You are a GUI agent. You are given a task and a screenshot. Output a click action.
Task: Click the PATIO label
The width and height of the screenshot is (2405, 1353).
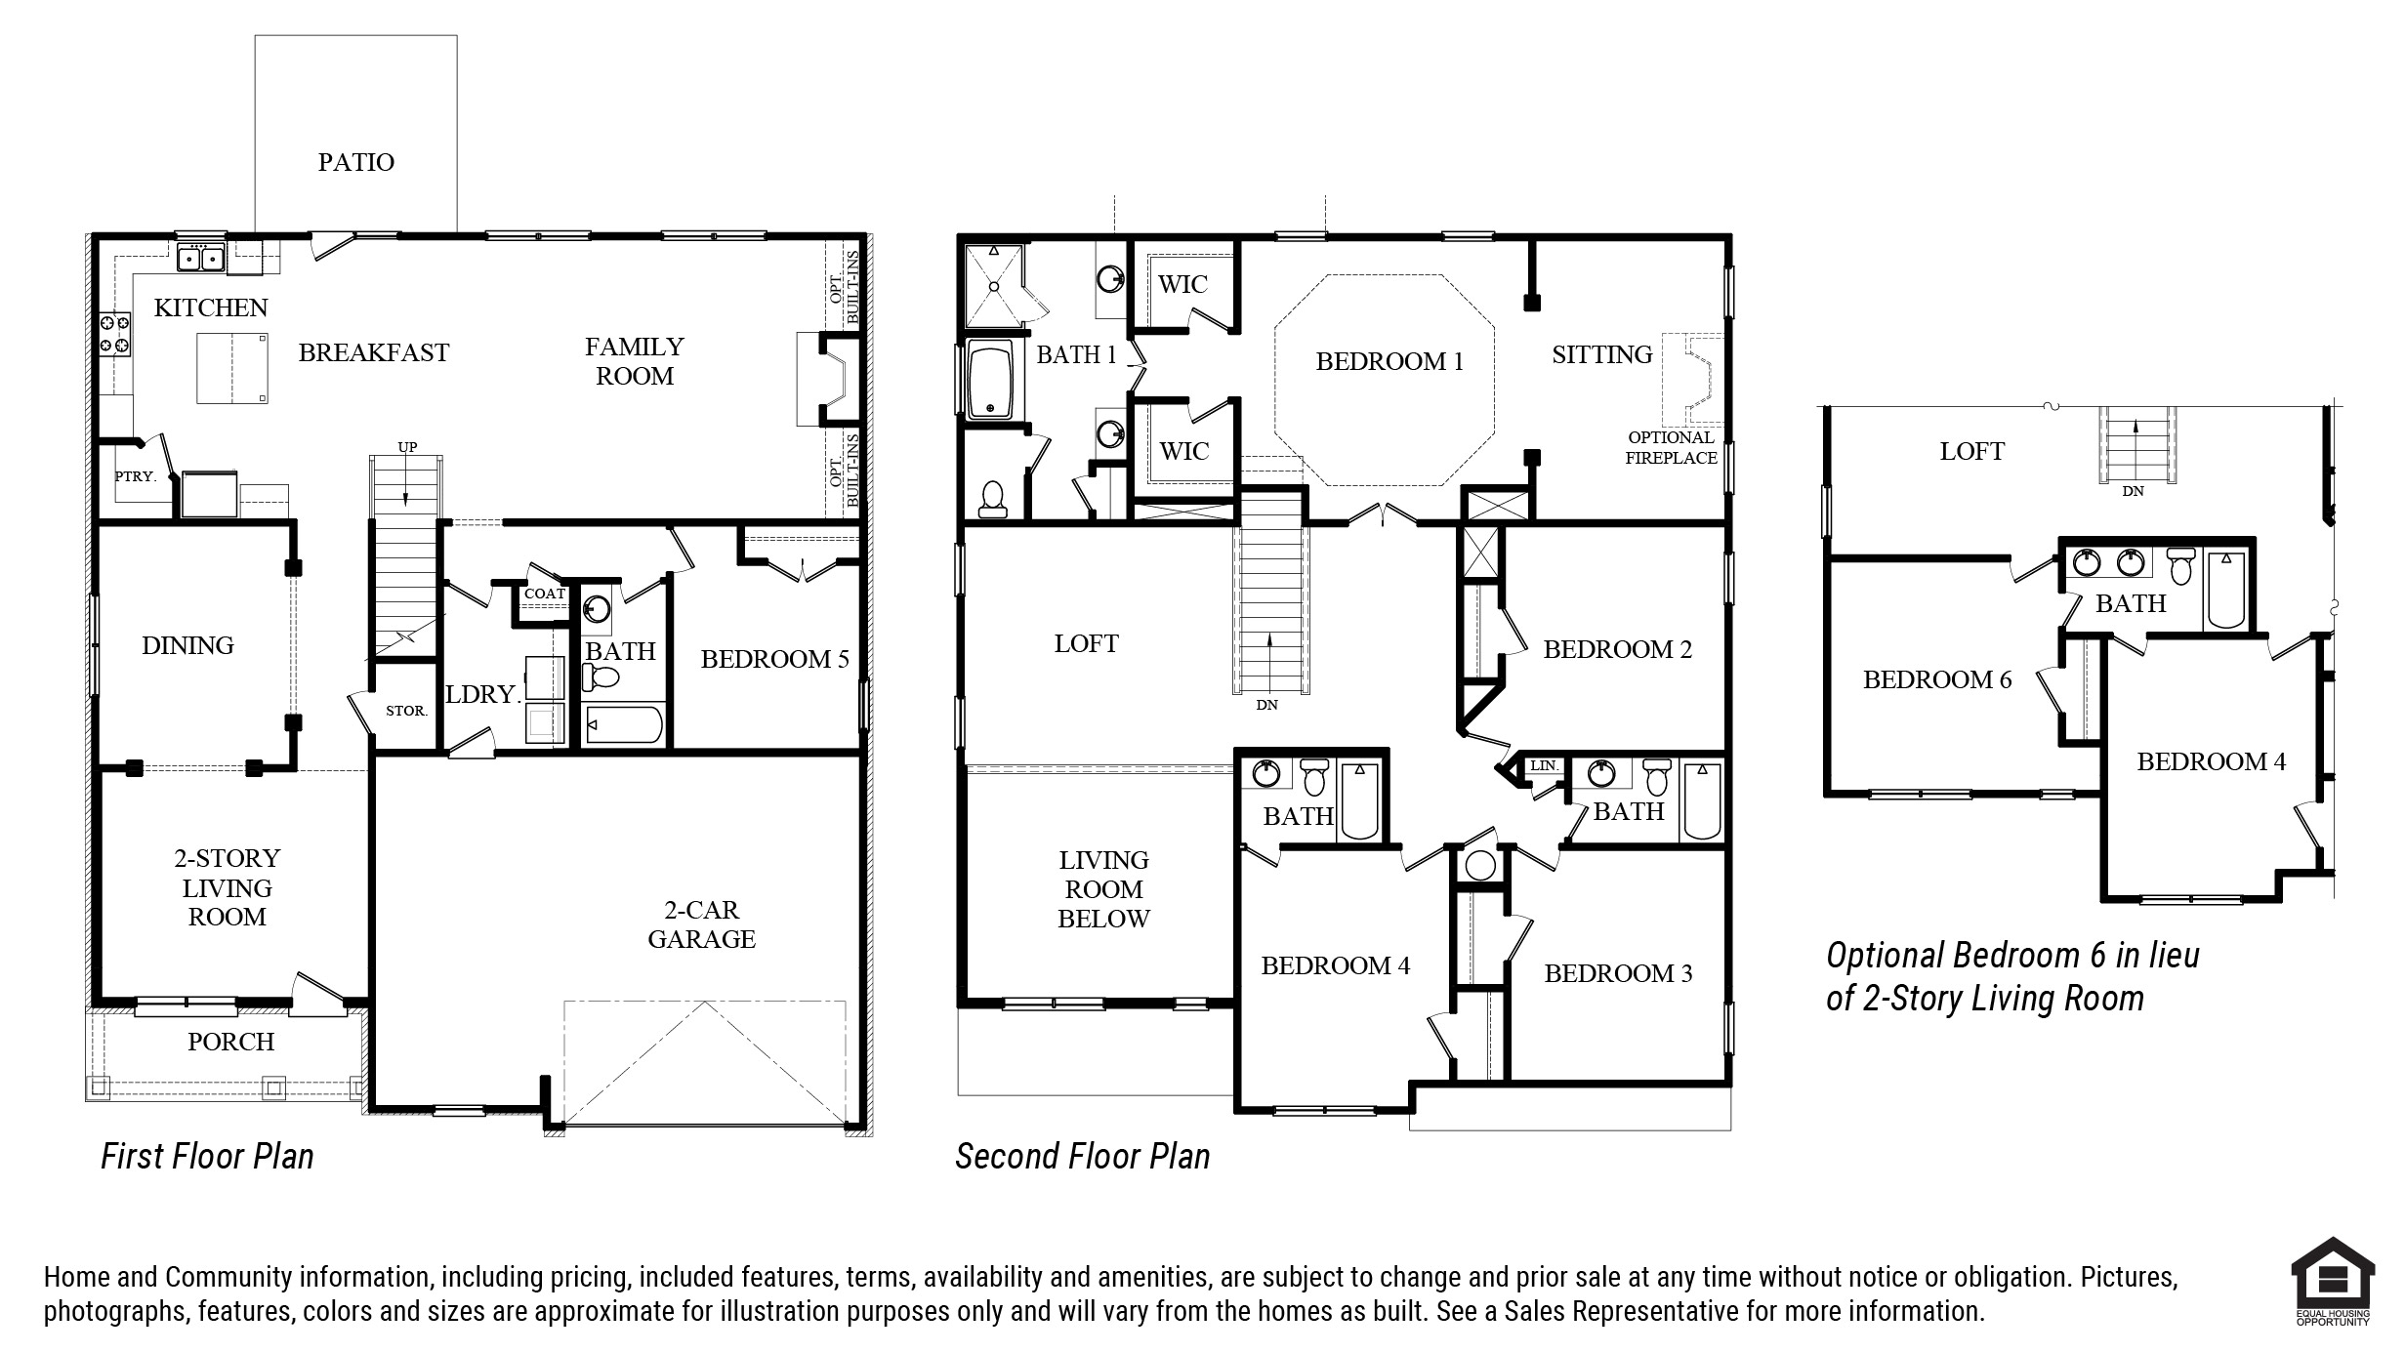356,162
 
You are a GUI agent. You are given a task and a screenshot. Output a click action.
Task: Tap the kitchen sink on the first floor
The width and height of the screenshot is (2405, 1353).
201,259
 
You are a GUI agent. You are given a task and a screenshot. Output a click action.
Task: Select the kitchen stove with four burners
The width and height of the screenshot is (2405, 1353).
115,334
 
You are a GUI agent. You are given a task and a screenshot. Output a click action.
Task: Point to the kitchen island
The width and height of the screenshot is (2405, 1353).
233,368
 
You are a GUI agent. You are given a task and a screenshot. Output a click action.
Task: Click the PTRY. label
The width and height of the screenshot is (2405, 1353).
135,476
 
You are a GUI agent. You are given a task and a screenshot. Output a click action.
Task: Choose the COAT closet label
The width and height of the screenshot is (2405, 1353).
545,594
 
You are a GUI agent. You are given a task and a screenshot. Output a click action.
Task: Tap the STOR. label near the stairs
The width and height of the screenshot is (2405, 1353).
406,711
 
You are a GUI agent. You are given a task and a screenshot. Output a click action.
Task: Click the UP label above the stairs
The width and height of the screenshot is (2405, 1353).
407,447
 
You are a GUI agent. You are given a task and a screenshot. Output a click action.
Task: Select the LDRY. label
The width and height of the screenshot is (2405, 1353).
481,694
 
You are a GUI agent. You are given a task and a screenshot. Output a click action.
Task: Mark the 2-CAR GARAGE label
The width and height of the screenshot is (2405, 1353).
702,924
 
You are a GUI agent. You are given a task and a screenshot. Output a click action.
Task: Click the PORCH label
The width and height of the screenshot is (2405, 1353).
231,1042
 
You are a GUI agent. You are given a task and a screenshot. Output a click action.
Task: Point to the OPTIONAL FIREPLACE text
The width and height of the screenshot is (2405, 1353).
1671,447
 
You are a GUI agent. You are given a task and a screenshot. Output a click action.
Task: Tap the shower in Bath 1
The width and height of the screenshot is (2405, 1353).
994,286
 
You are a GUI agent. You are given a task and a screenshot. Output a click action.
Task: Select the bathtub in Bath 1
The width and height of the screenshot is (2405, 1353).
990,380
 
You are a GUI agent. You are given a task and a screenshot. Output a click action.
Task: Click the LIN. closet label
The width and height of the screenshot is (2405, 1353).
1544,765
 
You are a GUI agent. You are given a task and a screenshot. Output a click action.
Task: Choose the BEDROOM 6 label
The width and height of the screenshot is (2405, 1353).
1937,679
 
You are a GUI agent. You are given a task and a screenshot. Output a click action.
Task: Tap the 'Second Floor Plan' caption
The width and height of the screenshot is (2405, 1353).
1083,1157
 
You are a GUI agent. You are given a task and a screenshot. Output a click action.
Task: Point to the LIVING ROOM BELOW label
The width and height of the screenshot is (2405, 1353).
1104,889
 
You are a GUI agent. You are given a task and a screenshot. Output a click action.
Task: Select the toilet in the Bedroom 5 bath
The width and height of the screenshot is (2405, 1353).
601,676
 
